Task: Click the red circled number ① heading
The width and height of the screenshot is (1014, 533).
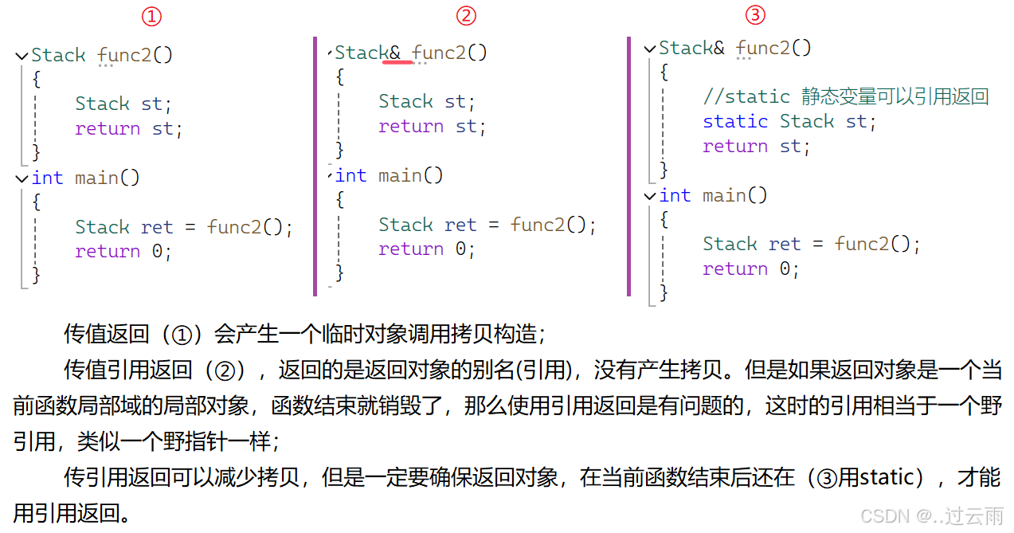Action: [x=151, y=16]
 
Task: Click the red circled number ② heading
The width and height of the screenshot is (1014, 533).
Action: [x=466, y=15]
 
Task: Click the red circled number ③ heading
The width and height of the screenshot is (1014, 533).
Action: [x=755, y=14]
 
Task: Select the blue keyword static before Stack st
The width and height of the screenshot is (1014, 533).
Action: [x=734, y=122]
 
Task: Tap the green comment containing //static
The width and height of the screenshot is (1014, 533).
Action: [x=845, y=97]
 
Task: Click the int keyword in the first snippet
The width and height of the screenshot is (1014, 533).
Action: [x=47, y=178]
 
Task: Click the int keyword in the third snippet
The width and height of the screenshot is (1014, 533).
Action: [x=675, y=195]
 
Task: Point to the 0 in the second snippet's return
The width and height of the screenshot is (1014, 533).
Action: [x=461, y=249]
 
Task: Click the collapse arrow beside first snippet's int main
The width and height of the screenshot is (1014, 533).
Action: [x=22, y=178]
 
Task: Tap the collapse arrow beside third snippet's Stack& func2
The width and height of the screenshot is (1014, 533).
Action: [x=649, y=49]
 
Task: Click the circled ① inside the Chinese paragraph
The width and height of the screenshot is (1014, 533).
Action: [x=183, y=335]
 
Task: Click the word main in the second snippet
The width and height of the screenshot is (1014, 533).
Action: [x=401, y=175]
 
